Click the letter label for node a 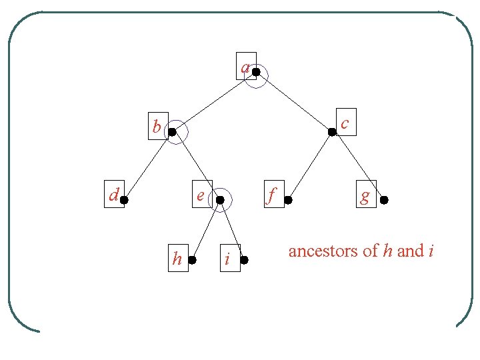pyautogui.click(x=245, y=67)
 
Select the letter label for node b pyautogui.click(x=157, y=126)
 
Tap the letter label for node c pyautogui.click(x=345, y=123)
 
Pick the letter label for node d pyautogui.click(x=114, y=195)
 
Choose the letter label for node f pyautogui.click(x=272, y=195)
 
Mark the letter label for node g pyautogui.click(x=365, y=196)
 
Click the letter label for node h pyautogui.click(x=177, y=259)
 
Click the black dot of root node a pyautogui.click(x=256, y=72)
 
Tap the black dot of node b pyautogui.click(x=172, y=133)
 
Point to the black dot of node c pyautogui.click(x=332, y=133)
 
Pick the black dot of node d pyautogui.click(x=124, y=199)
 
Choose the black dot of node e pyautogui.click(x=220, y=199)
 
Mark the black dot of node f pyautogui.click(x=288, y=199)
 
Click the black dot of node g pyautogui.click(x=384, y=199)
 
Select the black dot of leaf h pyautogui.click(x=192, y=260)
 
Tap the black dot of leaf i pyautogui.click(x=244, y=260)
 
